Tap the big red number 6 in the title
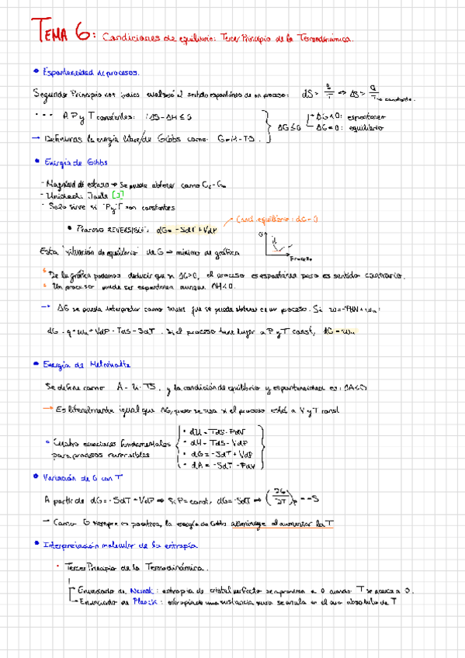(85, 33)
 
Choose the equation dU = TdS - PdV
(221, 431)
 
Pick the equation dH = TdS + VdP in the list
(221, 443)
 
